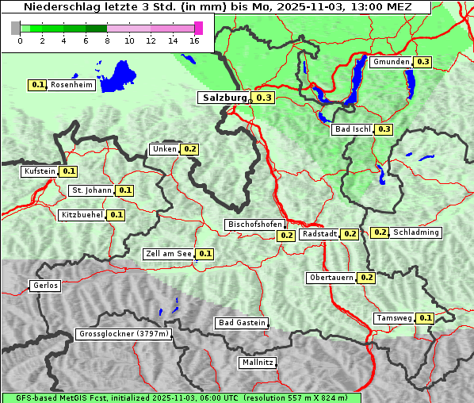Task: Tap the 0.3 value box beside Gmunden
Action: tap(422, 62)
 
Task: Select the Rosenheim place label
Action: tap(71, 85)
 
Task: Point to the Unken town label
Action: tap(164, 149)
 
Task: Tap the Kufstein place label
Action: tap(40, 171)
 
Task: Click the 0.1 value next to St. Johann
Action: tap(125, 190)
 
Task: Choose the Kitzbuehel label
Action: tap(82, 215)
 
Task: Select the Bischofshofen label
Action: tap(254, 225)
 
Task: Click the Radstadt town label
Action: tap(319, 234)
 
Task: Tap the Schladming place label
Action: tap(416, 232)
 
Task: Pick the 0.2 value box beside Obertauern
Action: tap(366, 278)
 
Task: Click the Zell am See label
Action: tap(169, 254)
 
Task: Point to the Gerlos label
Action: tap(45, 286)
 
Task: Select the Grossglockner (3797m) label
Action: tap(124, 335)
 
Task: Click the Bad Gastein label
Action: tap(242, 323)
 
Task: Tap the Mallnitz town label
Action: tap(258, 363)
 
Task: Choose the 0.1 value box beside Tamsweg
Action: tap(425, 318)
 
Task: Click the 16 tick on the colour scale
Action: tap(195, 40)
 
